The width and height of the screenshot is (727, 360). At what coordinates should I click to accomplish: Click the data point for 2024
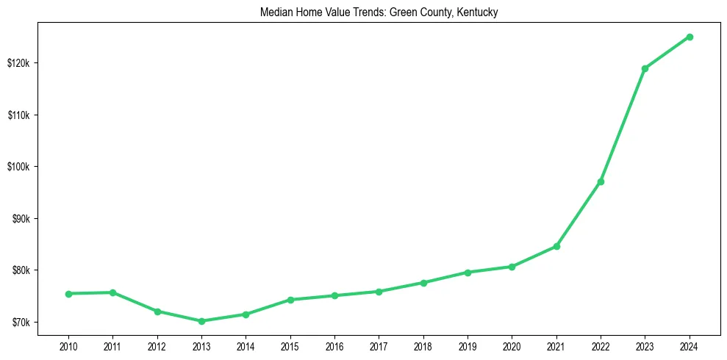pos(690,37)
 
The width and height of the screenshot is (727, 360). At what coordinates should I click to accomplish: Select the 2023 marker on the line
pos(645,68)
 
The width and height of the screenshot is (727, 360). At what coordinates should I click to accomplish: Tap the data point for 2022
pos(601,181)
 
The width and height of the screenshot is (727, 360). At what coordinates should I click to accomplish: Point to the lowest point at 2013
pos(201,321)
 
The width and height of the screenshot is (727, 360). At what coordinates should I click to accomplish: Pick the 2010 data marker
pos(68,294)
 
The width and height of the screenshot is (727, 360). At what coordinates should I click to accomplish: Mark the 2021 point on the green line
pos(556,246)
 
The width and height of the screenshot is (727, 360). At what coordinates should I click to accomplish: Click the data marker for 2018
pos(423,283)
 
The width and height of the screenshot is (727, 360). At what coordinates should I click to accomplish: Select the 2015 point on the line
pos(290,300)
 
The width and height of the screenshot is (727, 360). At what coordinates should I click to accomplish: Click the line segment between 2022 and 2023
pos(623,125)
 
